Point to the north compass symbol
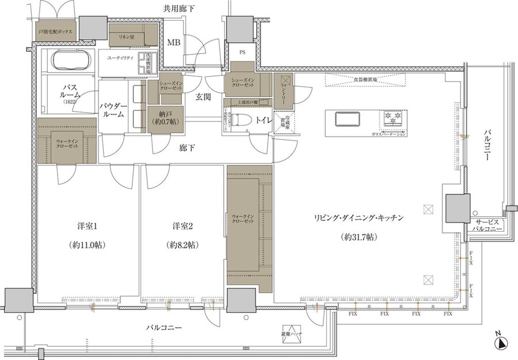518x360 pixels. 501,343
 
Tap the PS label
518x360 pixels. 242,52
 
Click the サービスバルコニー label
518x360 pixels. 488,225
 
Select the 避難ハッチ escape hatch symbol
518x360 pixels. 292,335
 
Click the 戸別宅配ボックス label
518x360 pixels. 55,32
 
